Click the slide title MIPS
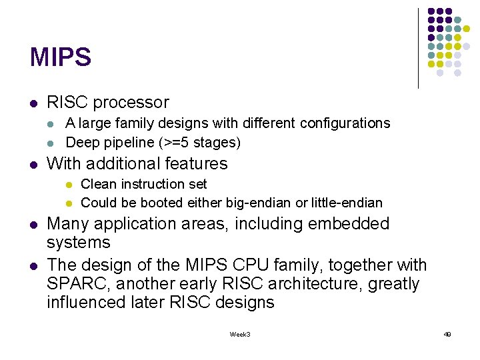[60, 57]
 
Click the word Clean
[96, 184]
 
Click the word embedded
[348, 224]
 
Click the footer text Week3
[239, 334]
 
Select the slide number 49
[447, 334]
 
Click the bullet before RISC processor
[33, 103]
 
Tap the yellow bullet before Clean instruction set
[68, 185]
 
